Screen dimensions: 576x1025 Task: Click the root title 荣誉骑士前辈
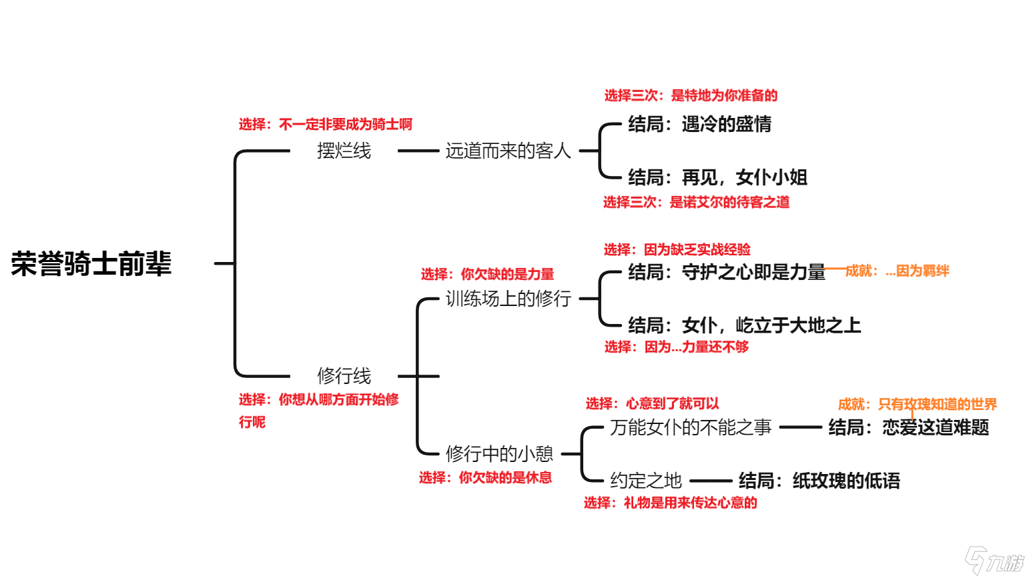click(x=91, y=263)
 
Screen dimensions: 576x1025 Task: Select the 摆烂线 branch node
click(x=344, y=151)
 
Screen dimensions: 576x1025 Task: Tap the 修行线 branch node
click(x=344, y=376)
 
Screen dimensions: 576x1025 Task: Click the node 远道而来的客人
click(x=508, y=151)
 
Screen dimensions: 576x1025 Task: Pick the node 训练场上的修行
click(x=508, y=299)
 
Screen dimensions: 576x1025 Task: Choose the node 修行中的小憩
click(x=499, y=454)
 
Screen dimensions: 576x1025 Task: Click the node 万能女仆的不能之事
click(x=690, y=427)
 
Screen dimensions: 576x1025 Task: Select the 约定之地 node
click(x=645, y=481)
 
